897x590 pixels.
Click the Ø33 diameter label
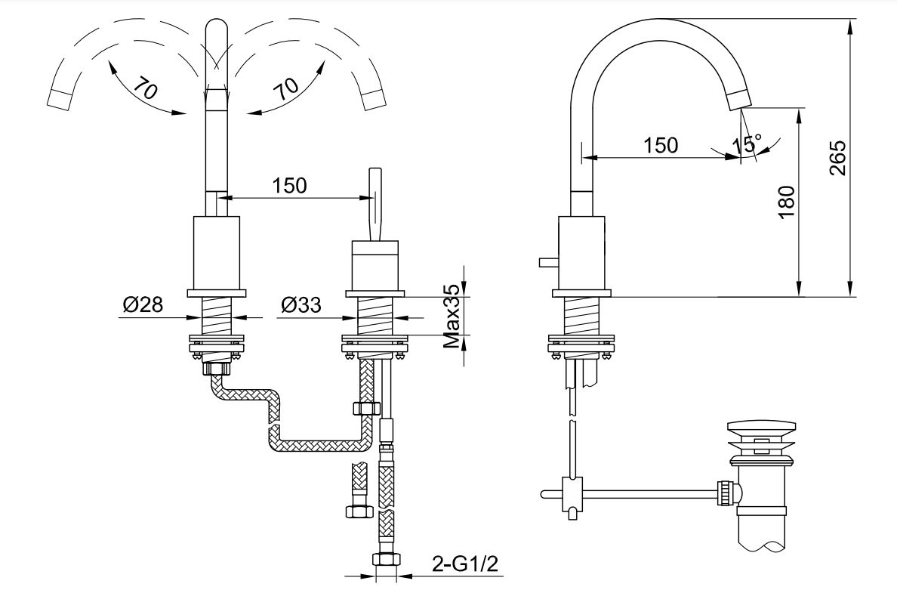point(301,305)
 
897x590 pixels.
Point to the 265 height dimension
point(837,157)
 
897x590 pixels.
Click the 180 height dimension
point(787,202)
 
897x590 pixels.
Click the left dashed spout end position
point(60,97)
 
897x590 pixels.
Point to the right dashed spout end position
point(373,98)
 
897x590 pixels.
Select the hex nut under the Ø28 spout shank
point(218,368)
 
